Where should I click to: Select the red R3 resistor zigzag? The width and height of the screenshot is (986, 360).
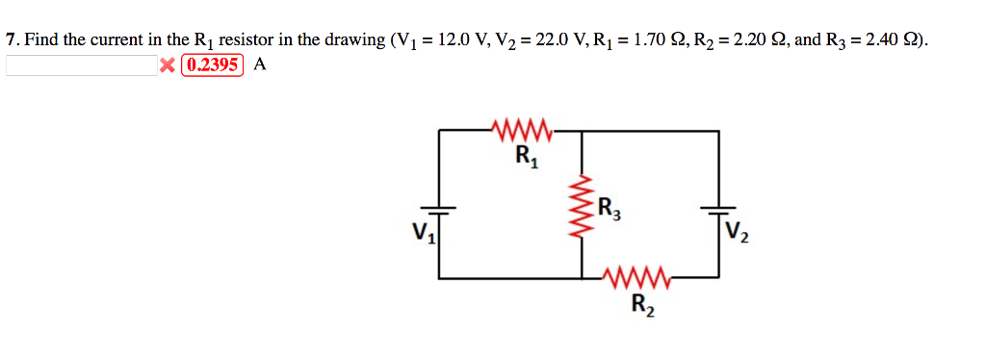click(x=582, y=209)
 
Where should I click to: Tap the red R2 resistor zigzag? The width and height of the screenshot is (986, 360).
click(x=637, y=278)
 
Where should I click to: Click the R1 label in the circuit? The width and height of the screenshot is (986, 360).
click(x=527, y=156)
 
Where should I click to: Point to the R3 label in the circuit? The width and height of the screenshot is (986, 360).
click(x=609, y=207)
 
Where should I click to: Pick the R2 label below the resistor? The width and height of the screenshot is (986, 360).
click(x=640, y=305)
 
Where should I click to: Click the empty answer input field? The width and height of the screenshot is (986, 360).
click(x=81, y=65)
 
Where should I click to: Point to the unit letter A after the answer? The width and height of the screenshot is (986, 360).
click(x=259, y=65)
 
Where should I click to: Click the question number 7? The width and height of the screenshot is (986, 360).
click(x=11, y=40)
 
